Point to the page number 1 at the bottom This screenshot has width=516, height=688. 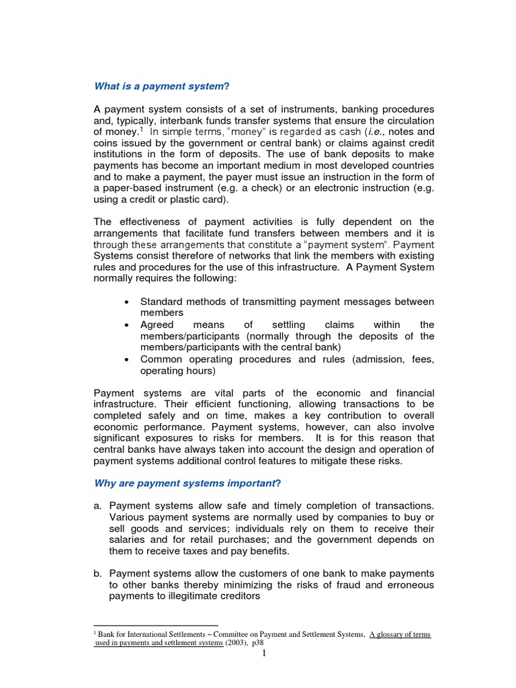pyautogui.click(x=265, y=653)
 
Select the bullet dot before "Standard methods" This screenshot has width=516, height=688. pyautogui.click(x=127, y=302)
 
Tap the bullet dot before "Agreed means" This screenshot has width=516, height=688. pyautogui.click(x=127, y=325)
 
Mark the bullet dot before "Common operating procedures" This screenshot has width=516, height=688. pyautogui.click(x=127, y=359)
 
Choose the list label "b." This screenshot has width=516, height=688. pyautogui.click(x=98, y=573)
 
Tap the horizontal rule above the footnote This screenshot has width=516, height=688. pyautogui.click(x=156, y=626)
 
